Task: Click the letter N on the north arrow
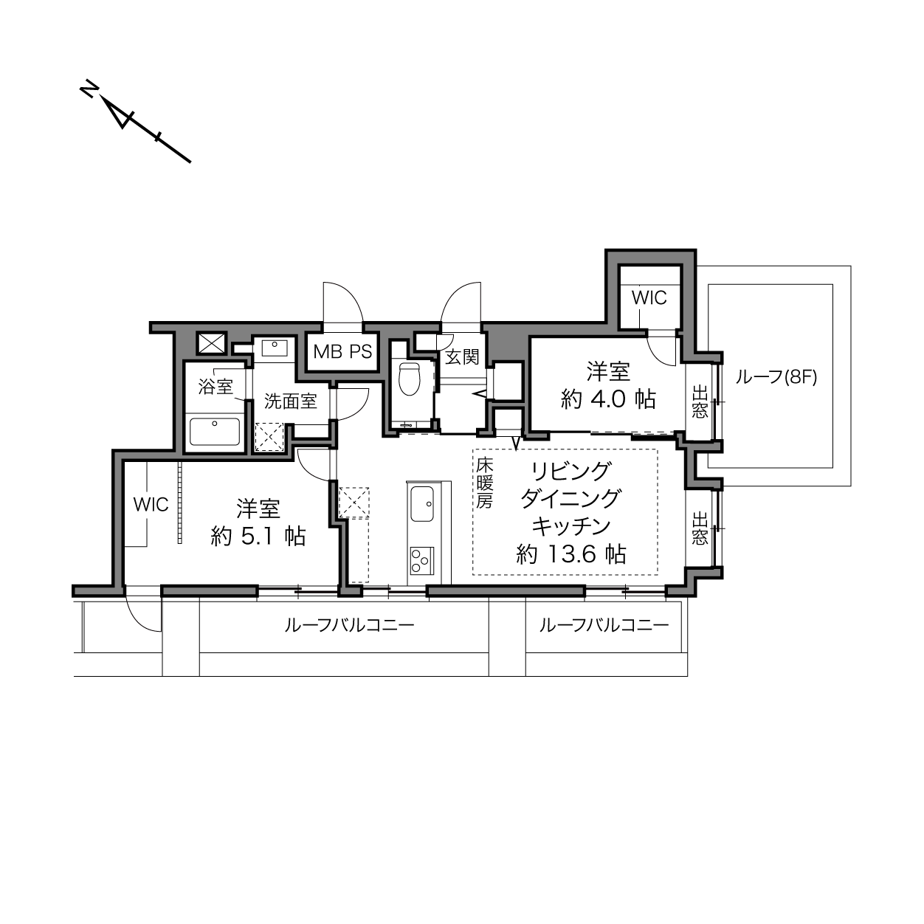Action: click(89, 90)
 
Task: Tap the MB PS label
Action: click(342, 352)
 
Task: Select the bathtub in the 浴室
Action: click(215, 432)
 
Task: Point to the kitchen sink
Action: click(421, 504)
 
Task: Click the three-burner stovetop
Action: click(421, 560)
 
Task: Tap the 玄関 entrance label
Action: click(462, 357)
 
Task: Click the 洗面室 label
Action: click(291, 401)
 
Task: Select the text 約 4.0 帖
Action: click(608, 399)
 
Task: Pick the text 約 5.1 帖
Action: click(258, 536)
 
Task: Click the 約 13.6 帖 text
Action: click(571, 555)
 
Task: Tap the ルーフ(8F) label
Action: click(776, 378)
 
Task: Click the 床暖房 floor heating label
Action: click(484, 483)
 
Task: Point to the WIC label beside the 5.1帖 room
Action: click(151, 504)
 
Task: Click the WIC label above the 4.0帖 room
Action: click(649, 297)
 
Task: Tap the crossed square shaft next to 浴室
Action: click(212, 343)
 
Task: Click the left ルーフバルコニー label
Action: click(349, 625)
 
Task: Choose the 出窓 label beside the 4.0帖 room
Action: click(700, 403)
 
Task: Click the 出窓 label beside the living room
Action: click(700, 528)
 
